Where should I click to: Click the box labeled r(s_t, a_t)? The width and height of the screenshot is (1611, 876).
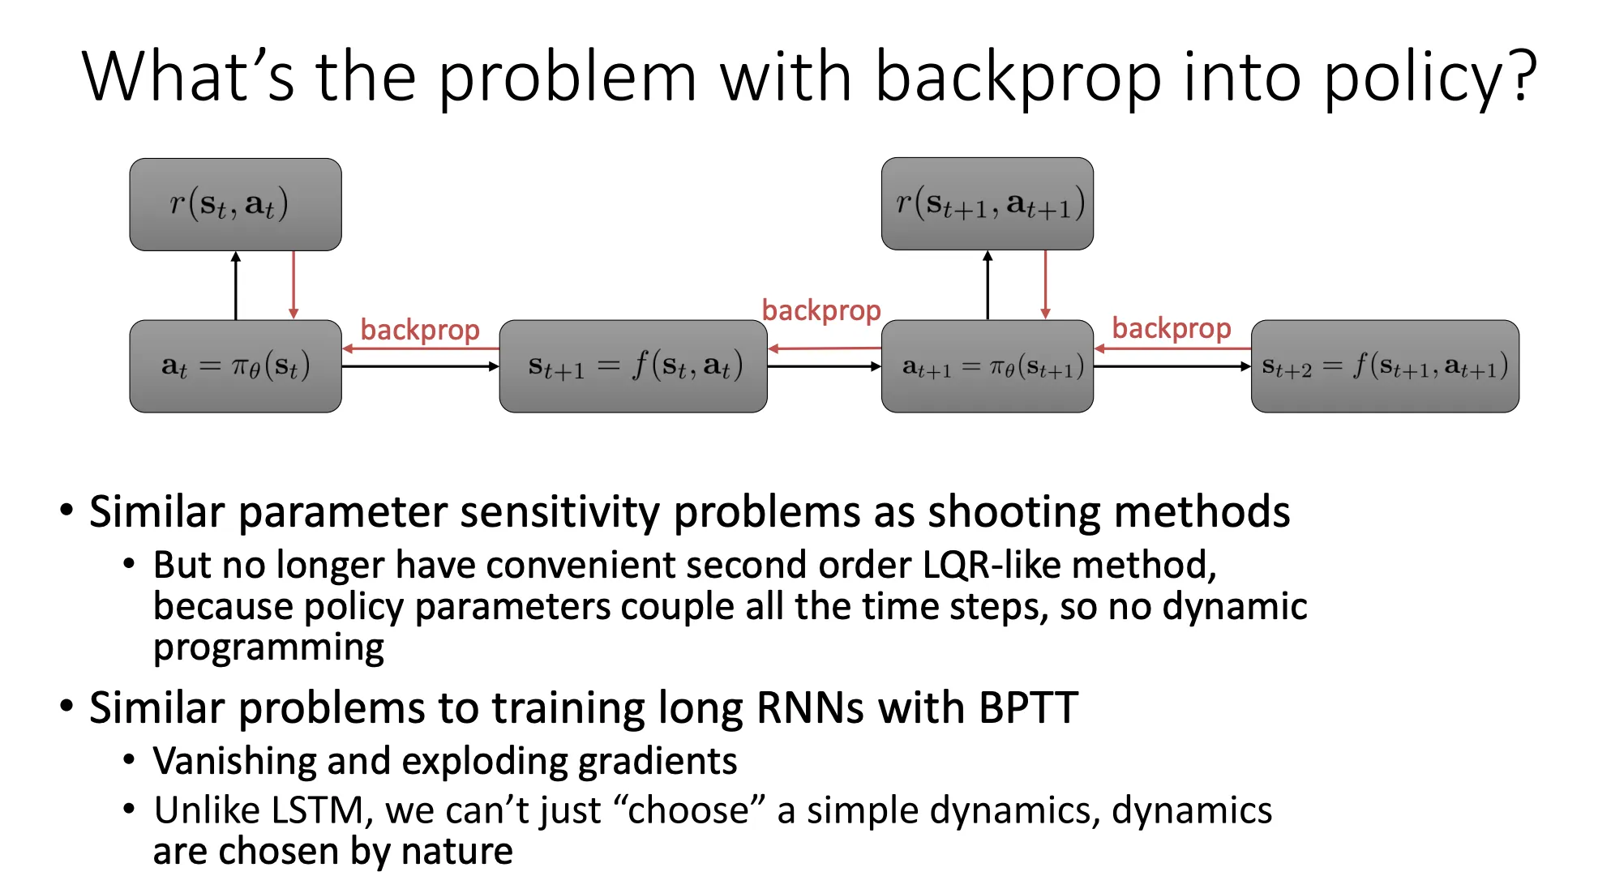pos(235,204)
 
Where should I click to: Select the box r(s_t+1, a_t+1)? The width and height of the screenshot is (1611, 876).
pos(987,203)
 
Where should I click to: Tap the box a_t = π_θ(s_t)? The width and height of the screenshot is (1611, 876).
pos(235,366)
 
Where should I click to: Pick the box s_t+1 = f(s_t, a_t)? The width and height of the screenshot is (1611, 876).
pos(632,366)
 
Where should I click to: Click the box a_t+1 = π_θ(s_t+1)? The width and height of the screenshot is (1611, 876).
pos(987,366)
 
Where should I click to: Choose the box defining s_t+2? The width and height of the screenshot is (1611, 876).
pos(1384,366)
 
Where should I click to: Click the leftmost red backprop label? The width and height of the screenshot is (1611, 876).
pos(420,330)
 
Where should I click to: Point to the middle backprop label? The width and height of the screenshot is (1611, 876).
pos(820,310)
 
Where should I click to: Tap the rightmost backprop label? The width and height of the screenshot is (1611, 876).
pos(1171,328)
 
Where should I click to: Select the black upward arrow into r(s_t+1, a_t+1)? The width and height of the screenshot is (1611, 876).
pos(988,285)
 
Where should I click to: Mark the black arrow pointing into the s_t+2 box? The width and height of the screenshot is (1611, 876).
pos(1172,366)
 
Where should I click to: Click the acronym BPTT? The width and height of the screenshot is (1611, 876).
pos(1028,708)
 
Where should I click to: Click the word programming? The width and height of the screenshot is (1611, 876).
pos(268,648)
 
